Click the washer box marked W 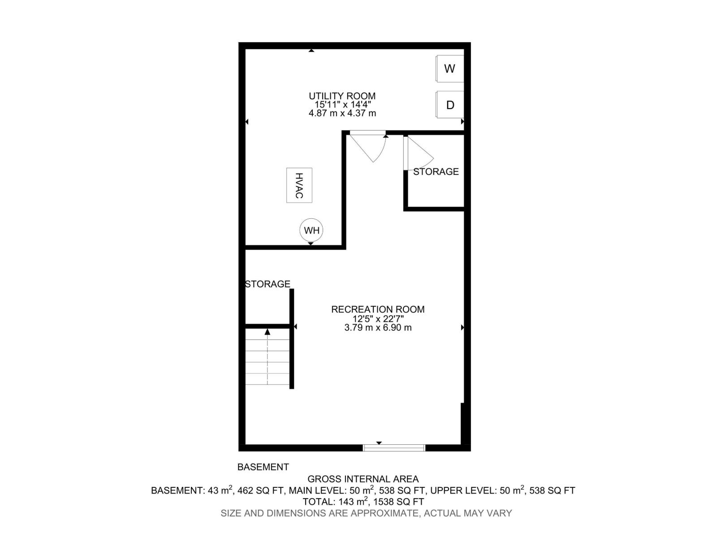coord(450,69)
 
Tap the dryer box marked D coord(450,105)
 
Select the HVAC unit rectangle coord(299,185)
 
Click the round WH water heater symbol coord(311,230)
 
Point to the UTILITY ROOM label coord(342,96)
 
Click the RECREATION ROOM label coord(378,309)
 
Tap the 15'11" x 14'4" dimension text coord(343,104)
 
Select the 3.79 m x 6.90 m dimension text coord(378,328)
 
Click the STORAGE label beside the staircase coord(268,284)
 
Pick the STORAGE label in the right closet coord(436,172)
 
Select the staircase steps coord(268,362)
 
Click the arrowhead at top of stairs coord(268,332)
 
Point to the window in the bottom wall coord(393,447)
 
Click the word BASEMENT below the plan coord(263,467)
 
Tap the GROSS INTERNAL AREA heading coord(363,479)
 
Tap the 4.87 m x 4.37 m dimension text coord(342,113)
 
